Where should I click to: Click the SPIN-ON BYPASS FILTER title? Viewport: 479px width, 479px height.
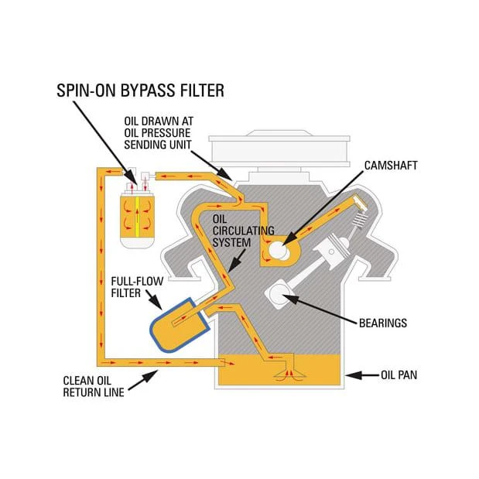coord(140,91)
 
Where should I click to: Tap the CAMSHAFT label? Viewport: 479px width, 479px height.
coord(391,166)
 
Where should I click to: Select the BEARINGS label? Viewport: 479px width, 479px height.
coord(383,323)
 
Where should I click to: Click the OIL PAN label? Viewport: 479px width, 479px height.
coord(399,375)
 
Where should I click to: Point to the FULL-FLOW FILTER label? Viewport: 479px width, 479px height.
coord(137,287)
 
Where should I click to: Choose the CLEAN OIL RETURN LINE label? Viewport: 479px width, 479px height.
coord(94,386)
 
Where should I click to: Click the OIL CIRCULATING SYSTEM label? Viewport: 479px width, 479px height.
coord(243,231)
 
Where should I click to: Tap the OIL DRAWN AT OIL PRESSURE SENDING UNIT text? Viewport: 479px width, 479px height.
coord(159,133)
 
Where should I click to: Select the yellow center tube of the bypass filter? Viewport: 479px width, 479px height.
coord(137,217)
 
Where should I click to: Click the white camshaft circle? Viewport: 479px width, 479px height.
coord(279,250)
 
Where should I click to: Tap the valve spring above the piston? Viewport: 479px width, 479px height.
coord(360,221)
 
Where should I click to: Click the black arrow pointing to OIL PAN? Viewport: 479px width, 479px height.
coord(363,375)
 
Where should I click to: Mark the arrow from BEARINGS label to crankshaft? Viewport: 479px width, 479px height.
coord(320,308)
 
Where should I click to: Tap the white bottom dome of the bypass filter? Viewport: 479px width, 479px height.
coord(137,242)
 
